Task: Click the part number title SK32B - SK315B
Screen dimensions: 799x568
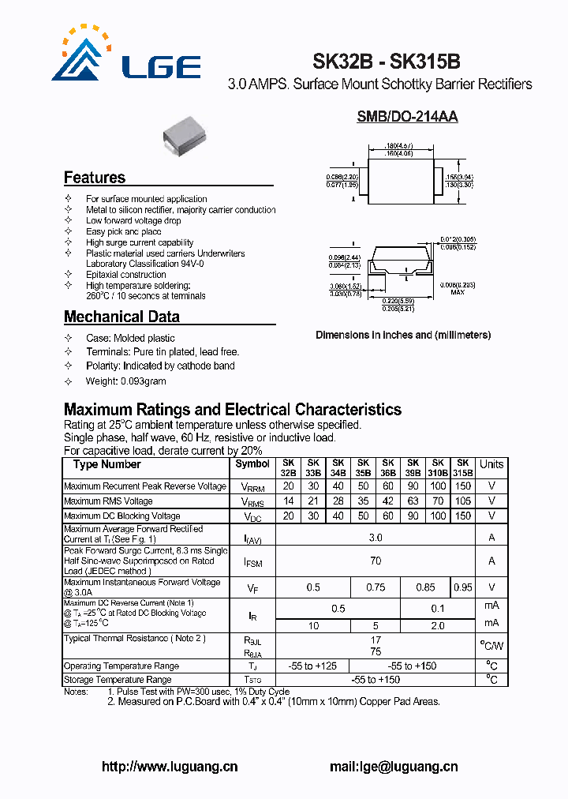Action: (386, 62)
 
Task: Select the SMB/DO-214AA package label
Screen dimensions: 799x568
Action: (407, 117)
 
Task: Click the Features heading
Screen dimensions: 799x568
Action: (95, 178)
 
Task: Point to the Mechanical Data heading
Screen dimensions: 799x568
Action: (121, 317)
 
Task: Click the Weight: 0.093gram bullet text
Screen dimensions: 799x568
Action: (126, 381)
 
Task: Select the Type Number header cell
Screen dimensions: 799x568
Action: (107, 465)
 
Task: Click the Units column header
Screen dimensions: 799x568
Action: (491, 465)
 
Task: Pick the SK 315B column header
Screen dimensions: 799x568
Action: (463, 467)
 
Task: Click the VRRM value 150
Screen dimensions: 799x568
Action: (463, 486)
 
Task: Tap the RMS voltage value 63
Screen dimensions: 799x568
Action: (413, 501)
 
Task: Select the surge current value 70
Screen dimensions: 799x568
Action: (376, 561)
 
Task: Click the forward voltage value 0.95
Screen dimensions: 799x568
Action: (463, 587)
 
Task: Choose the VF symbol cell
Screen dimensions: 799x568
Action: (252, 587)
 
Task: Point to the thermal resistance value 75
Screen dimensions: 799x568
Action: (376, 652)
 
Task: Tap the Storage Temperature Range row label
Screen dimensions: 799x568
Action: (118, 680)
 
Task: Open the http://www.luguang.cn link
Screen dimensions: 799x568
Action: (170, 767)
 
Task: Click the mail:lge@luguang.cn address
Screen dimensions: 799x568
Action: (393, 767)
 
